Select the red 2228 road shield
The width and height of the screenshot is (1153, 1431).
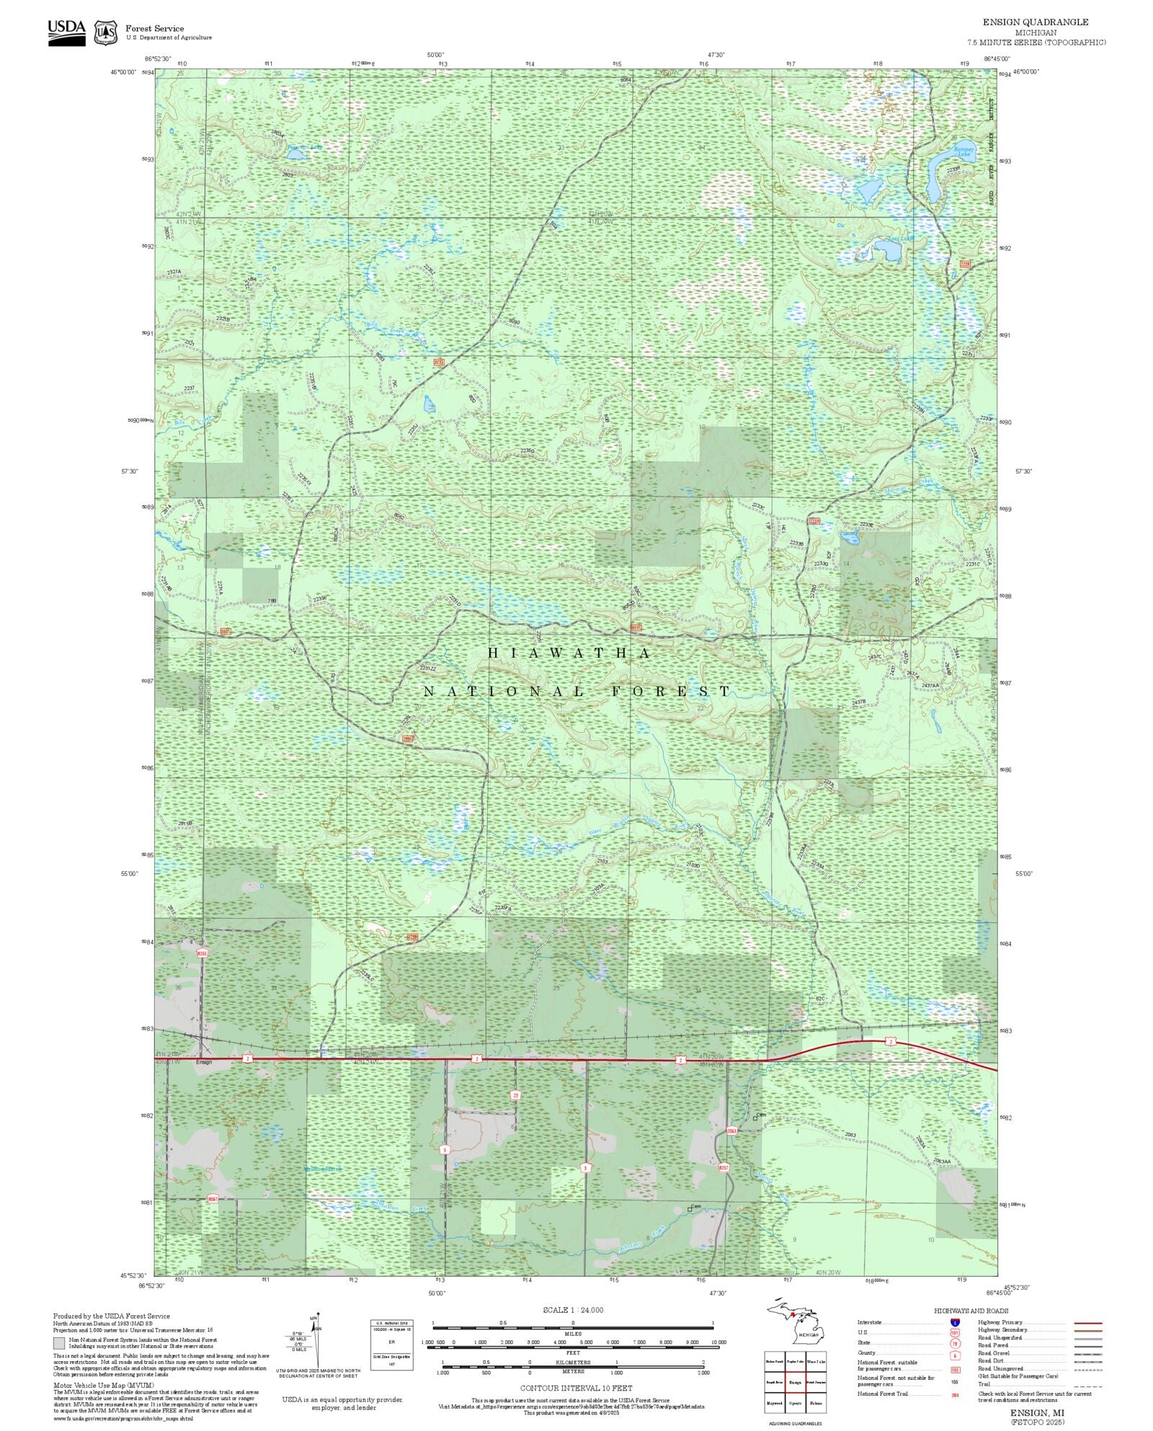tap(965, 264)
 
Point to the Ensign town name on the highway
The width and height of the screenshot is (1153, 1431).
tap(204, 1062)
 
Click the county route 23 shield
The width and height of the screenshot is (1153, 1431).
tap(515, 1095)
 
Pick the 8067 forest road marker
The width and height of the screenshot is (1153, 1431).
tap(213, 1199)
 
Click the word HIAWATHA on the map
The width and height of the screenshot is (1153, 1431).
tap(569, 654)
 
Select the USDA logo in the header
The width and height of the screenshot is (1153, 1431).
tap(66, 32)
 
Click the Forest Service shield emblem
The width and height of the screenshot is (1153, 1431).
tap(107, 32)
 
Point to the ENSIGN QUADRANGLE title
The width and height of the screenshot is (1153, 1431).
tap(1035, 22)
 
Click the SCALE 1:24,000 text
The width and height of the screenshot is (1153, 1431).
tap(573, 1310)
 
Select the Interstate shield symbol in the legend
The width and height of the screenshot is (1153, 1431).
tap(955, 1323)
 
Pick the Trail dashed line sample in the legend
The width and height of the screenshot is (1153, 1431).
tap(1087, 1384)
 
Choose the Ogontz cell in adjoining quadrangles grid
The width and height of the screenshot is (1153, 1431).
tap(796, 1403)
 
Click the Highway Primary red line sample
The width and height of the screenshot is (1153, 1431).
tap(1087, 1323)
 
